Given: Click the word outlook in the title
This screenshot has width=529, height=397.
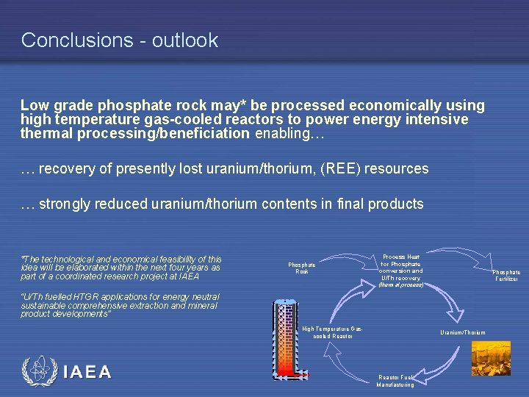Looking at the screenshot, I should [185, 40].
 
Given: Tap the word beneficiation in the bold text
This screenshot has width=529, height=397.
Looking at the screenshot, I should [201, 134].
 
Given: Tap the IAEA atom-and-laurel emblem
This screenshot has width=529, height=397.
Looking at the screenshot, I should [38, 371].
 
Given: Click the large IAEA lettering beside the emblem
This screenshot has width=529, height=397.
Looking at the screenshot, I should [87, 372].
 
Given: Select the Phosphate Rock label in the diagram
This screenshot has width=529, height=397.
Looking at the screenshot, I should [301, 268].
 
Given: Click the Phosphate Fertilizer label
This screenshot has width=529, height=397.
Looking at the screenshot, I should [506, 276].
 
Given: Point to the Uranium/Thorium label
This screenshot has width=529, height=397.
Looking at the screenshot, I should [462, 333].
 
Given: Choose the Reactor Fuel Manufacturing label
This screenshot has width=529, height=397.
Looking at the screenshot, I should [395, 381].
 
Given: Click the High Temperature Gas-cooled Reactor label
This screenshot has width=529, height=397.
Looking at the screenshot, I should [332, 332].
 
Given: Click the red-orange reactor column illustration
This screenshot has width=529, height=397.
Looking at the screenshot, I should [284, 340].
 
